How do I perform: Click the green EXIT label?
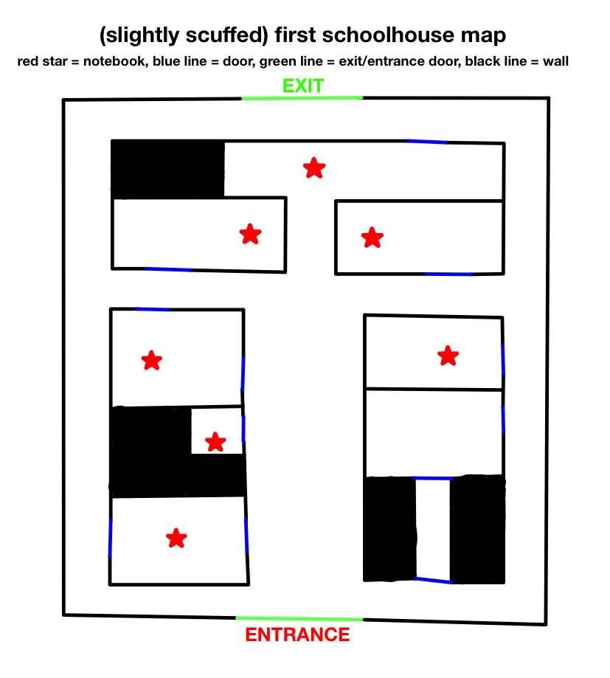point(302,86)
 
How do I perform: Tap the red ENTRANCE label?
point(297,634)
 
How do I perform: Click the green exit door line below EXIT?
point(302,98)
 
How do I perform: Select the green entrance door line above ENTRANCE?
point(299,618)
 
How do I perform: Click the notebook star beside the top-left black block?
point(314,168)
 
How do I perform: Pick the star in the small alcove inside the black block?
point(215,442)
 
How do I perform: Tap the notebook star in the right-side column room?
point(448,356)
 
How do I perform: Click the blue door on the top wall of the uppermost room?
point(427,141)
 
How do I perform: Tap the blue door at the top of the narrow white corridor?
point(432,478)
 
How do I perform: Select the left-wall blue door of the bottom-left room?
point(111,538)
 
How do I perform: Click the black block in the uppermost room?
point(167,169)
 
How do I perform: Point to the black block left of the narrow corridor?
point(390,528)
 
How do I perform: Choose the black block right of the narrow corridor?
point(478,528)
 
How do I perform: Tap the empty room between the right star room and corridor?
point(434,432)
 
